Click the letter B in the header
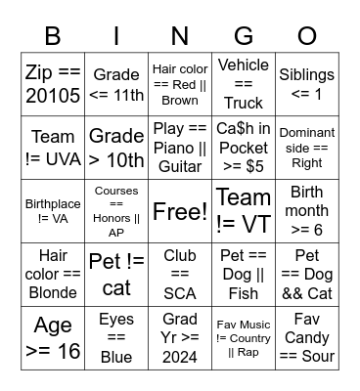[x=54, y=36]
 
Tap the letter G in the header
[x=244, y=36]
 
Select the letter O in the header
[x=307, y=36]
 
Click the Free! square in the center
[x=180, y=211]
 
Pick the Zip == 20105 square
[x=54, y=84]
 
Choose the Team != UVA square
[x=54, y=148]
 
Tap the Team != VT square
[x=244, y=211]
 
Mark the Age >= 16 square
[x=54, y=338]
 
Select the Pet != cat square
[x=116, y=275]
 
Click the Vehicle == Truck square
[x=244, y=84]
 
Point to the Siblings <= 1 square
[x=307, y=84]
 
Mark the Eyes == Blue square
[x=116, y=338]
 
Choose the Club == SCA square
[x=180, y=275]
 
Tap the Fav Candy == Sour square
[x=307, y=338]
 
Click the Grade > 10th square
[x=116, y=148]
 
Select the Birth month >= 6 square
[x=307, y=211]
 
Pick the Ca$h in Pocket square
[x=244, y=148]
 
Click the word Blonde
[x=54, y=293]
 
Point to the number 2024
[x=180, y=356]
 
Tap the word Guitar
[x=180, y=167]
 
